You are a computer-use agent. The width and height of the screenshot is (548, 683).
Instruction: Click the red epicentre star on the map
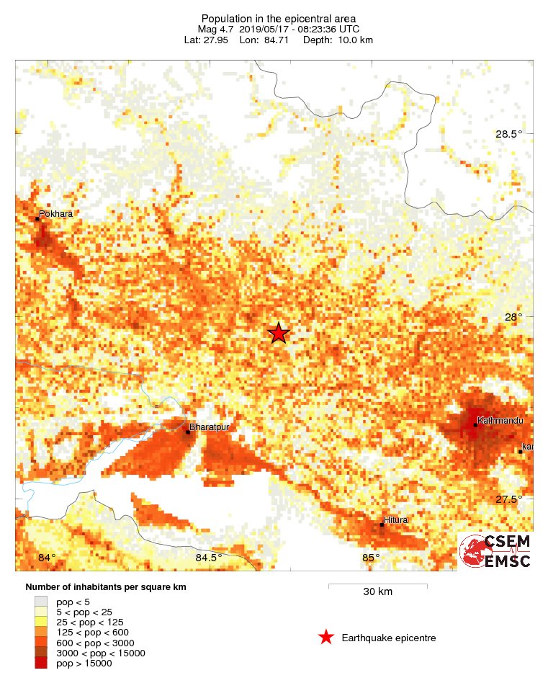pos(279,333)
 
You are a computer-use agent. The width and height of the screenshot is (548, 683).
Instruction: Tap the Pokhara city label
pos(56,214)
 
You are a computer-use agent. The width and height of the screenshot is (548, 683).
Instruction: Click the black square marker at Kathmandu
pos(475,425)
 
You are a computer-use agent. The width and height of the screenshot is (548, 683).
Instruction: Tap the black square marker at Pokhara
pos(37,218)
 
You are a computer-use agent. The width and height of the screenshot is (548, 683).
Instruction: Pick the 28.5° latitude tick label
pos(508,134)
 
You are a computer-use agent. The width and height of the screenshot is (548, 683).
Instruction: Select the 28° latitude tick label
pos(513,317)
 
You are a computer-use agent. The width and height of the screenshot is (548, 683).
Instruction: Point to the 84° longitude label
pos(47,558)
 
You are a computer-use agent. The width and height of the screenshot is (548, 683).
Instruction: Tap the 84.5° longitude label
pos(209,558)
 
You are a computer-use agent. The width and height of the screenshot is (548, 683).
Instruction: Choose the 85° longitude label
pos(371,558)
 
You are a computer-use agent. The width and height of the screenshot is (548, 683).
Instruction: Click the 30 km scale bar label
pos(377,592)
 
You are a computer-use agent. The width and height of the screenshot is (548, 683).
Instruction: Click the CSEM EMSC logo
pos(495,551)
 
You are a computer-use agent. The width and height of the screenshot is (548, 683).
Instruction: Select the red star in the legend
pos(326,638)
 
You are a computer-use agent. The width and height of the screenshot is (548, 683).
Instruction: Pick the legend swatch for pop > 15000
pos(41,663)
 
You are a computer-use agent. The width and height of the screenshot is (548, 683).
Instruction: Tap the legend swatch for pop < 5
pos(41,601)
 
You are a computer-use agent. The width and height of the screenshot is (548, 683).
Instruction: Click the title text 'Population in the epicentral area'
pos(278,18)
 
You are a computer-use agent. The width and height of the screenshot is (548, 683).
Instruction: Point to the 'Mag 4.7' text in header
pos(216,29)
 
